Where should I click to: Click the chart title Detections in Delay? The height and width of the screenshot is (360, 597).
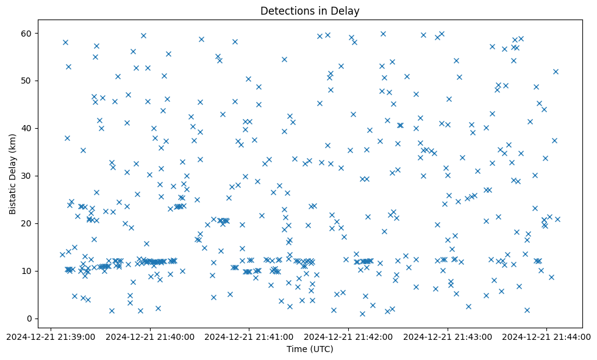point(310,11)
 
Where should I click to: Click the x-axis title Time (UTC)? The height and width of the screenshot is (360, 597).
point(310,350)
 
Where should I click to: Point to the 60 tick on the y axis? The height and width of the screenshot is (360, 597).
point(27,33)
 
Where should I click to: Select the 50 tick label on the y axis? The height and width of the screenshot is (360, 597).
point(27,81)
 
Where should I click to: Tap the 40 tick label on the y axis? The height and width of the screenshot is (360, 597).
point(27,128)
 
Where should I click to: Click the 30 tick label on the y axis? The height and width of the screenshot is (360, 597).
point(27,176)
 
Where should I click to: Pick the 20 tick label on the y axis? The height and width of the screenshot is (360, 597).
point(27,223)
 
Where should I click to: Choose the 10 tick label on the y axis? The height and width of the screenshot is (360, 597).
point(27,271)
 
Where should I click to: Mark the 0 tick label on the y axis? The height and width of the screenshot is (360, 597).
point(30,319)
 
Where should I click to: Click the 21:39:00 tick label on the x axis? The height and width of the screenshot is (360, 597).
point(51,336)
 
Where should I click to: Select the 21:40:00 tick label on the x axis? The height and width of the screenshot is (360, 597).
point(150,336)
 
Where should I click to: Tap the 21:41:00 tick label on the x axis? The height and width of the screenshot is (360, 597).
point(249,336)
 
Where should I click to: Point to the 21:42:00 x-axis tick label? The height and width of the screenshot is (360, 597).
point(349,336)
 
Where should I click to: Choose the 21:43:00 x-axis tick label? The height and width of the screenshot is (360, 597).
point(448,336)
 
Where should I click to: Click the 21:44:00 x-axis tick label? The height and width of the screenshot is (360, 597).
point(546,336)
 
